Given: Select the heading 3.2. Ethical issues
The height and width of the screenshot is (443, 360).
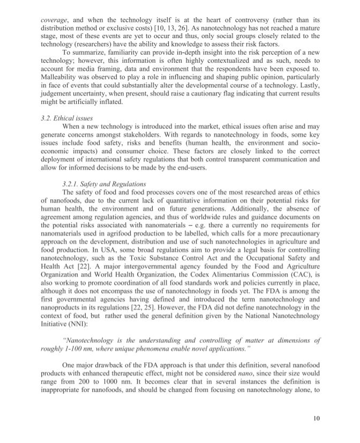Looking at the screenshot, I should (x=67, y=119).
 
